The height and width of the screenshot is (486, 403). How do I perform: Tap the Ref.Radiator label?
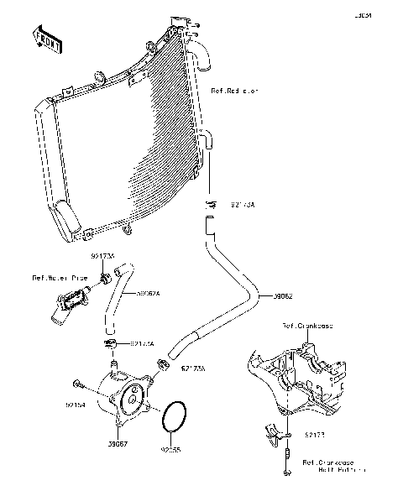coord(235,89)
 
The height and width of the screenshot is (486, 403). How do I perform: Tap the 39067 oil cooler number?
coord(117,444)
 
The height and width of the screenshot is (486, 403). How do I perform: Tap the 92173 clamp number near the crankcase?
coord(314,436)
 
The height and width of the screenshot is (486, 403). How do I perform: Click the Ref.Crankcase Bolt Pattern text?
coord(328,466)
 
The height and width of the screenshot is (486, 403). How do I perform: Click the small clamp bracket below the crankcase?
coord(270,435)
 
